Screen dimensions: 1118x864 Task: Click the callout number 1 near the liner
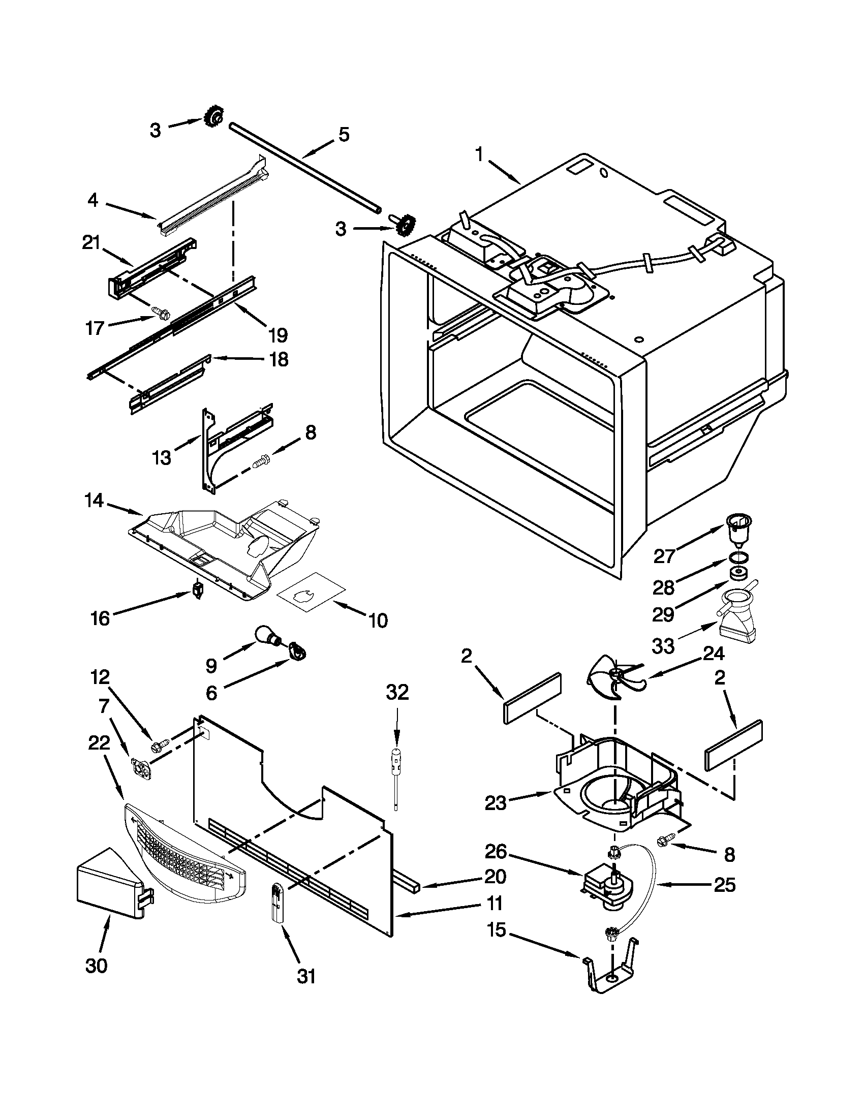479,154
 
